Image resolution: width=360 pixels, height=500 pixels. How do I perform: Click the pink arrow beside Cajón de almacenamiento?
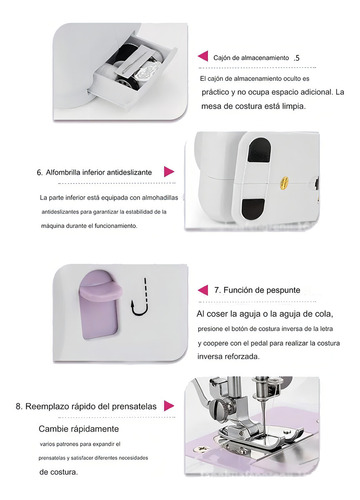point(203,56)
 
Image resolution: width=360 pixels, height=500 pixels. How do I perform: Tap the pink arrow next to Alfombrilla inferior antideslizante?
point(169,172)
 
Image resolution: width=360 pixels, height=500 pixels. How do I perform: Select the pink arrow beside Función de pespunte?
point(203,290)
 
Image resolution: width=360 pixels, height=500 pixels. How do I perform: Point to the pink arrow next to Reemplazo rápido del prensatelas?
point(169,406)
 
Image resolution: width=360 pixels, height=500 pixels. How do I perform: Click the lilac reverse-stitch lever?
point(100,304)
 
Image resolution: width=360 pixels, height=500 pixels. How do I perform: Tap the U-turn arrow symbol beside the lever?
point(140,297)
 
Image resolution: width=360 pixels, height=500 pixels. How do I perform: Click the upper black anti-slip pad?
point(259,150)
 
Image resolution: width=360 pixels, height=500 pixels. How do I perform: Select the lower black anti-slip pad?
point(253,209)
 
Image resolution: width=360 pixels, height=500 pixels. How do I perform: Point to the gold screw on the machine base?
point(284,182)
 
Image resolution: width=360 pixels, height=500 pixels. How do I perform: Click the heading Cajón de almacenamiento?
point(251,58)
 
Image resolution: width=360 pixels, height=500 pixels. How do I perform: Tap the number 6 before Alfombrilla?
point(39,173)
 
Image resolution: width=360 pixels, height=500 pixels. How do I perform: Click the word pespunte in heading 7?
point(282,290)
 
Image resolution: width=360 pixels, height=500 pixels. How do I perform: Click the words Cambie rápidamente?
point(79,429)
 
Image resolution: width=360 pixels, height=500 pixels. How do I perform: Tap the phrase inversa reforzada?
point(228,356)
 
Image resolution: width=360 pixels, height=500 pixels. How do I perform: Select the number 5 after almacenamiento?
point(297,58)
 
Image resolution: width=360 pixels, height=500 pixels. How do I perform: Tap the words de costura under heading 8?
point(59,472)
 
